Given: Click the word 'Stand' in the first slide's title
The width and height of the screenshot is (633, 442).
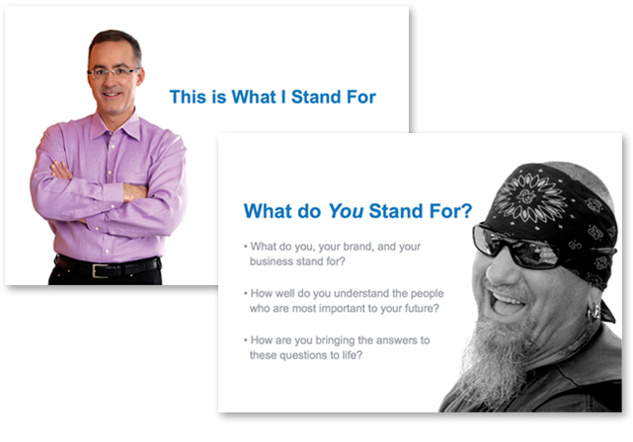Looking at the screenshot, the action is tap(310, 97).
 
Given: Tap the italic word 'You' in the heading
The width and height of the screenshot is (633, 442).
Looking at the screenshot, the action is tap(346, 211).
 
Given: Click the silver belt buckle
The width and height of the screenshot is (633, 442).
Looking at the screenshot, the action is tap(100, 270).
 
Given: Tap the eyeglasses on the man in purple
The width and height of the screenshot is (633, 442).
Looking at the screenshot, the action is tap(115, 73).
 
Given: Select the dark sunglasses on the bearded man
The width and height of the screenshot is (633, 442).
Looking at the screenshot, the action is tap(520, 247).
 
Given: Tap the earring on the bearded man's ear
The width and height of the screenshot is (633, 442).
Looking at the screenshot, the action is tap(594, 313).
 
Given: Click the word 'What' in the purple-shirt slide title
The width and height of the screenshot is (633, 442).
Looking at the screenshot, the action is tap(254, 97).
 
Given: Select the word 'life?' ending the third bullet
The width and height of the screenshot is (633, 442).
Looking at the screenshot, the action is tap(353, 355).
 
